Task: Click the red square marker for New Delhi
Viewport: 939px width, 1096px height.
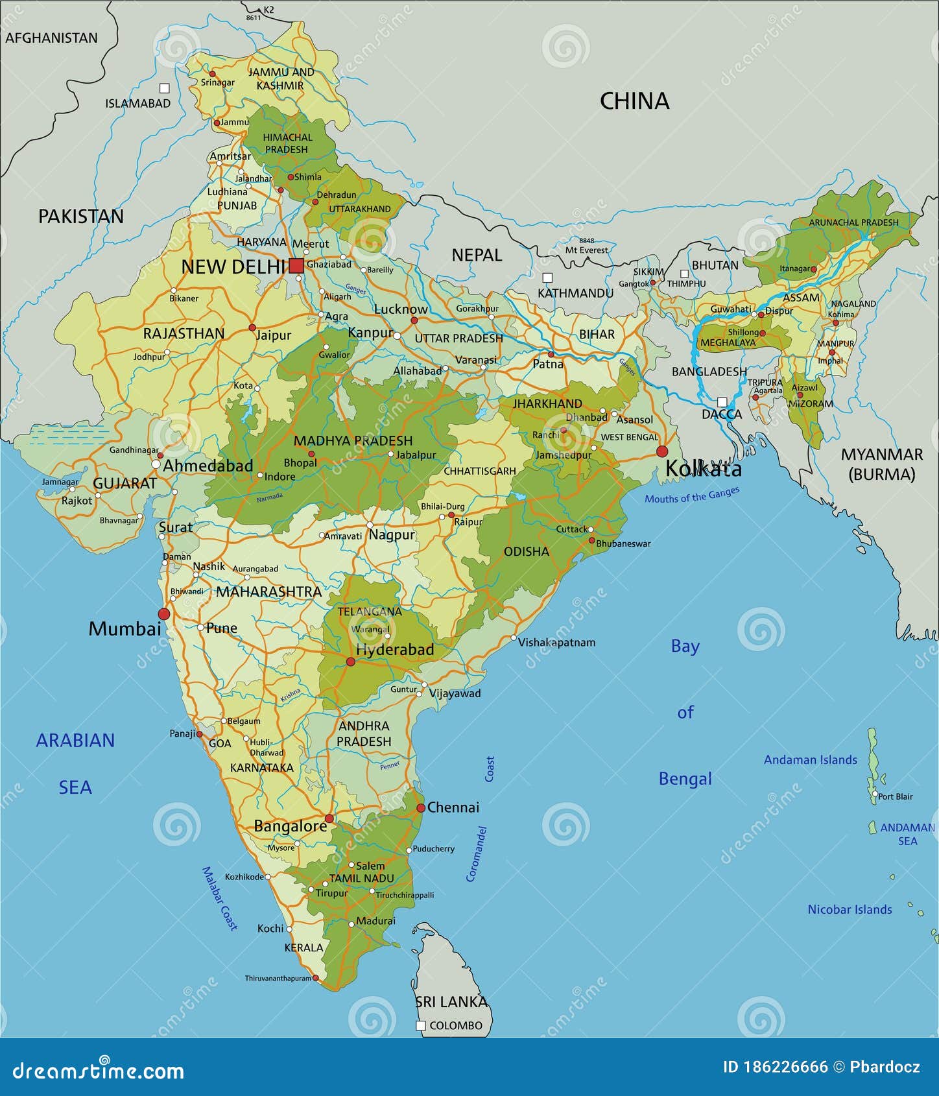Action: click(x=296, y=266)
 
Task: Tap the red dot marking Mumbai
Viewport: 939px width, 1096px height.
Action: click(x=164, y=614)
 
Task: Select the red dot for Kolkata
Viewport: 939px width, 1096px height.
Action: click(x=662, y=451)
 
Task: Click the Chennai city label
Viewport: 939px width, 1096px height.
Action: click(x=453, y=807)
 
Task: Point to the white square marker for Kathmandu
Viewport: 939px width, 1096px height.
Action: click(x=547, y=278)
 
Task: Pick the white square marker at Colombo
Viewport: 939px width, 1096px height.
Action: click(x=421, y=1025)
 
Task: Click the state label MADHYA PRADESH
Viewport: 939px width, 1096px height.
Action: click(x=353, y=441)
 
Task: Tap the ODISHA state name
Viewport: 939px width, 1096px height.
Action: click(x=526, y=551)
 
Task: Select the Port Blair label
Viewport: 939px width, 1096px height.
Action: click(x=895, y=796)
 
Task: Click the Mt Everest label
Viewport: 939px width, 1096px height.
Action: click(x=586, y=250)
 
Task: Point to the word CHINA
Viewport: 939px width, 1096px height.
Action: click(x=634, y=101)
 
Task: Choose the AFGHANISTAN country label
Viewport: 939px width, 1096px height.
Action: click(x=51, y=38)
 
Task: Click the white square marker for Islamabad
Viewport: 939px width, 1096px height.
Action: click(x=165, y=88)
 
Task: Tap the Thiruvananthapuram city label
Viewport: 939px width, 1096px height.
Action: click(x=278, y=978)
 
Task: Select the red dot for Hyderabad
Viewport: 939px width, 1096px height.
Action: click(x=351, y=661)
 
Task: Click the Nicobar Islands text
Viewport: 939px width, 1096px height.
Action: click(x=850, y=910)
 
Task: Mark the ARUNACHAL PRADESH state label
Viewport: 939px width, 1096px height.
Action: click(x=853, y=222)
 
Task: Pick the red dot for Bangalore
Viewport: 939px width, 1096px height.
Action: click(x=329, y=818)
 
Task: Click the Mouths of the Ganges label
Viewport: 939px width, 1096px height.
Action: click(x=692, y=495)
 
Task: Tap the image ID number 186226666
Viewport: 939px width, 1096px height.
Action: click(x=775, y=1067)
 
